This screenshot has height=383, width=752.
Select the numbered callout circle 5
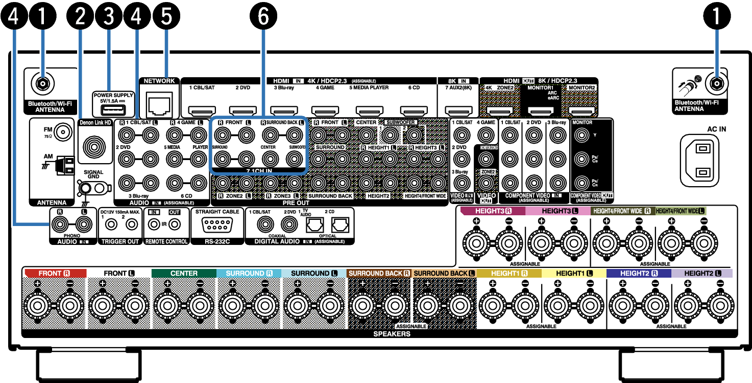coord(166,17)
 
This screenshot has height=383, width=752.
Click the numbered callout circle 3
coord(108,17)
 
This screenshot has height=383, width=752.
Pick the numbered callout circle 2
coord(80,17)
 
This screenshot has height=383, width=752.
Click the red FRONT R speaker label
coord(54,274)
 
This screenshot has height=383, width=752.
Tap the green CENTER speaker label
coord(184,274)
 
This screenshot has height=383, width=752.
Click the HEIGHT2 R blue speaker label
coord(638,274)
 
